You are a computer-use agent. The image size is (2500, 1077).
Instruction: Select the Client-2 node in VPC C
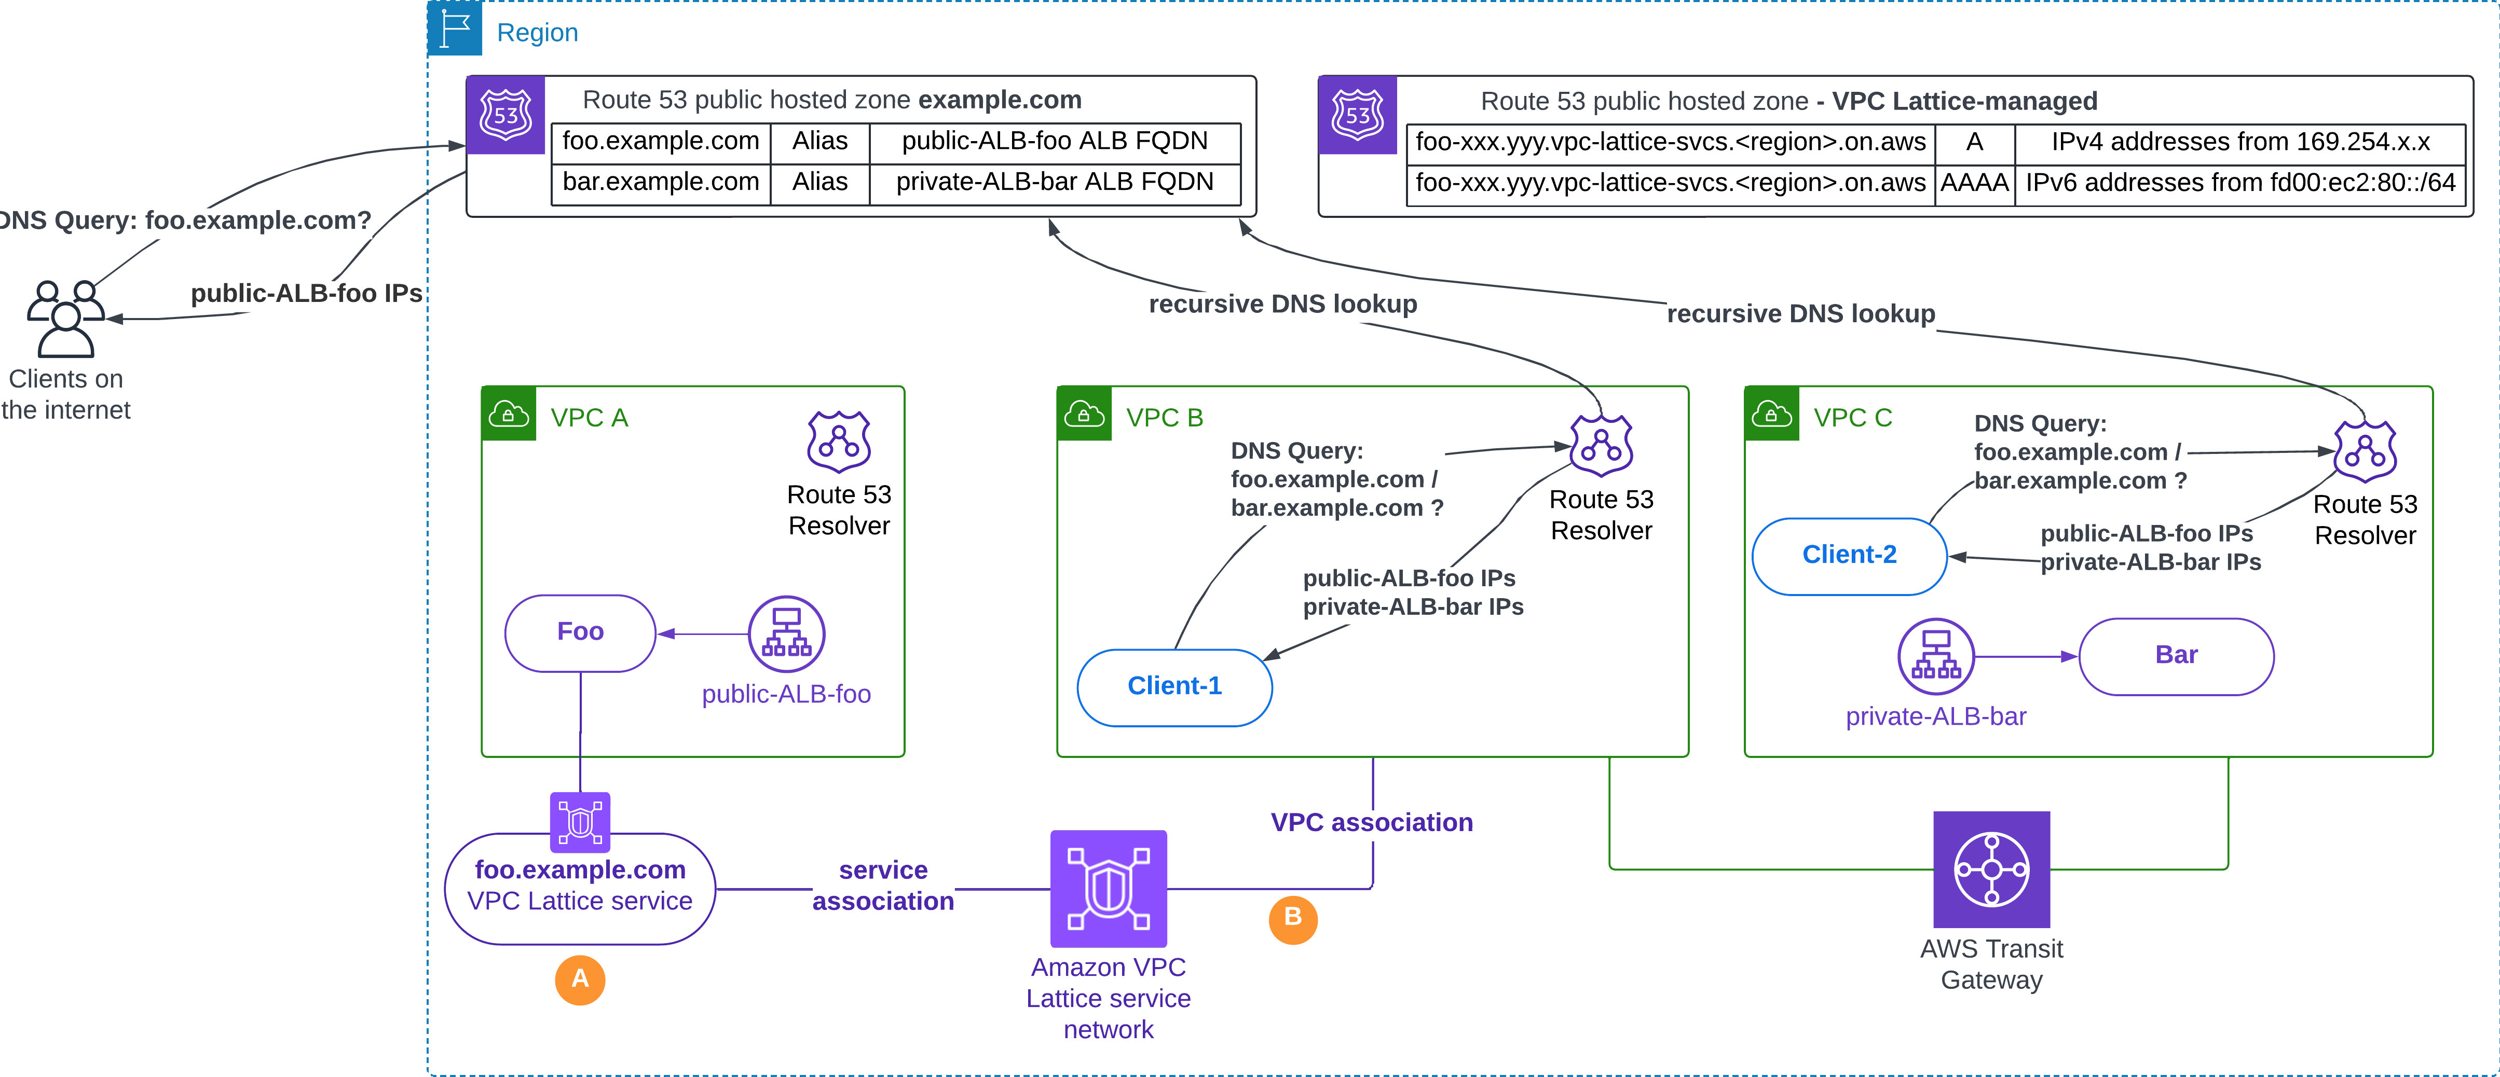pos(1849,555)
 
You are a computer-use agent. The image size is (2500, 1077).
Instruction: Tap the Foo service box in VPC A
pos(580,632)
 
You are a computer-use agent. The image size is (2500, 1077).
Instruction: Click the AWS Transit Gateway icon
pos(1991,869)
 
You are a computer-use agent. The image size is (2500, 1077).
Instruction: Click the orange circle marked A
pos(580,979)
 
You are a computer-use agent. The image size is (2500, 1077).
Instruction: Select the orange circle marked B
pos(1293,918)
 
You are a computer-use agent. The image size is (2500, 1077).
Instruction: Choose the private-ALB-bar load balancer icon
pos(1936,657)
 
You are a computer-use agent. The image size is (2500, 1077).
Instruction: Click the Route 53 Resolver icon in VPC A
pos(839,441)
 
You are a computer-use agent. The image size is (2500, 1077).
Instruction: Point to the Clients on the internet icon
pos(66,318)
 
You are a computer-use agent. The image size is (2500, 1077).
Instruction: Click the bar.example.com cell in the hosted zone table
pos(661,183)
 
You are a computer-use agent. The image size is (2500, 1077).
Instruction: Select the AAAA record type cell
pos(1974,183)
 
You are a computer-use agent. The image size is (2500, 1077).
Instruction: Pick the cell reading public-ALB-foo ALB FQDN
pos(1055,142)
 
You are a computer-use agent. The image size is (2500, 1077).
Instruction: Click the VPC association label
pos(1371,823)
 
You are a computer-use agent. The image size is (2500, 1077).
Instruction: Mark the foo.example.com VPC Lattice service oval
pos(580,887)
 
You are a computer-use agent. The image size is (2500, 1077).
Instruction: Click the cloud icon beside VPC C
pos(1771,415)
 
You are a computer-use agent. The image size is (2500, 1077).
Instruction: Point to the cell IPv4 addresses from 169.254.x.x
pos(2240,143)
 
